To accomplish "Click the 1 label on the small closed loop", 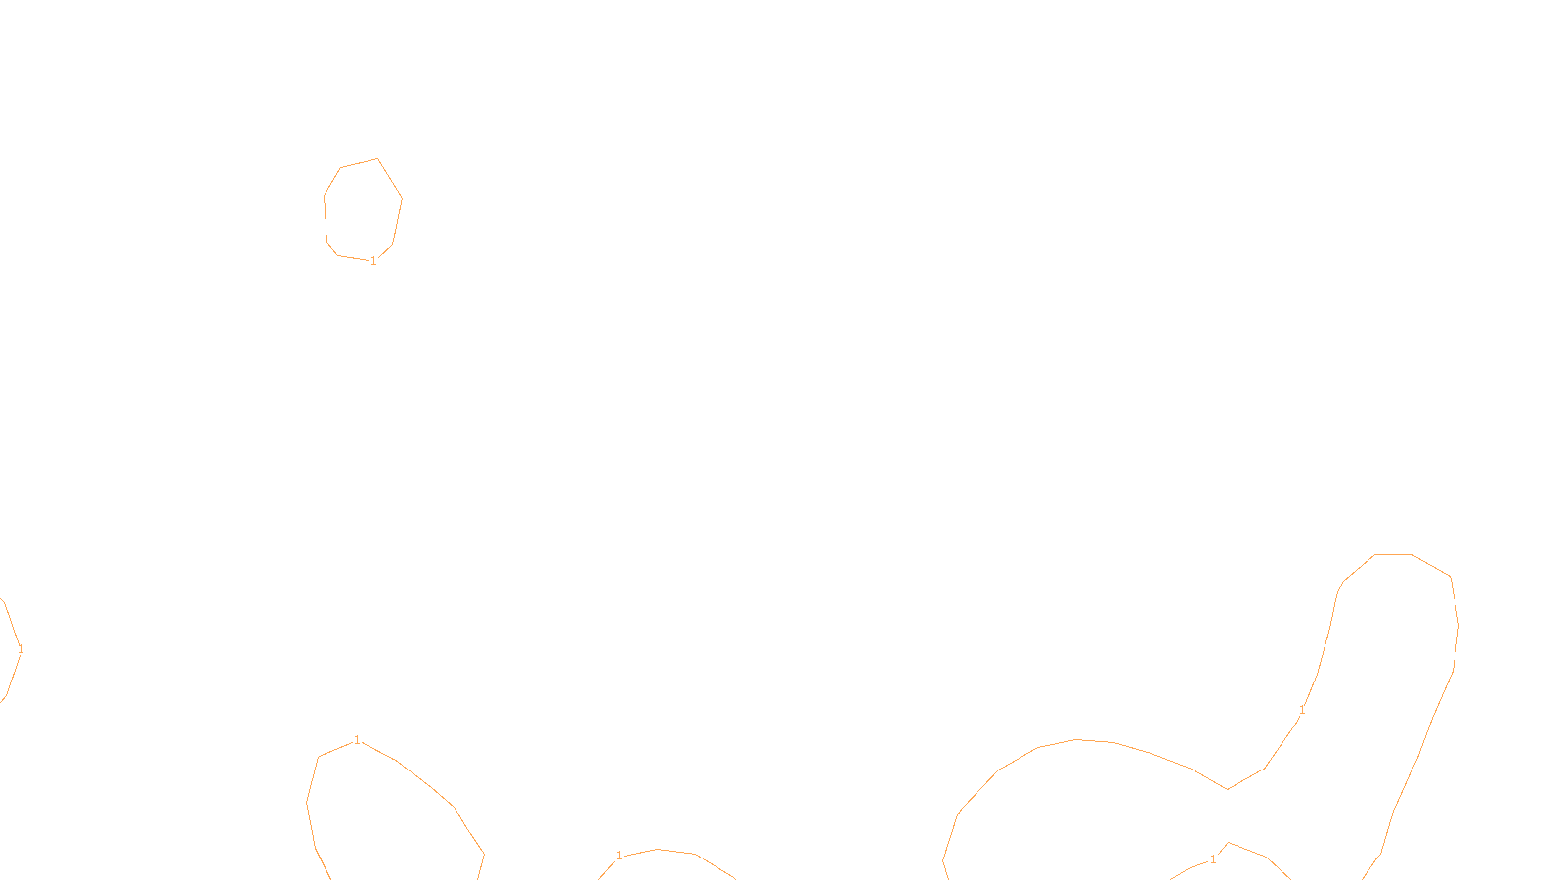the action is coord(373,261).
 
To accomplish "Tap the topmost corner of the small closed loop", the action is coord(377,159).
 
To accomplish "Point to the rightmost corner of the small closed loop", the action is coord(402,199).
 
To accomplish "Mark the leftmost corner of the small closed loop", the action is coord(325,196).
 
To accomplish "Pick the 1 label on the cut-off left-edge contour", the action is coord(21,649).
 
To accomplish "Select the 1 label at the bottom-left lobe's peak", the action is coord(357,740).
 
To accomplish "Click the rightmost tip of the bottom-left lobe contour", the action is coord(484,854).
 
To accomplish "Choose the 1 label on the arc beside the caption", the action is coord(619,856).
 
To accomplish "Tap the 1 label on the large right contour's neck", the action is coord(1302,710).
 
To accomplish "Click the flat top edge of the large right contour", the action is coord(1393,554).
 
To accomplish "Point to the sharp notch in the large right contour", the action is coord(1227,789).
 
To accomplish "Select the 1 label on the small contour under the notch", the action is coord(1213,859).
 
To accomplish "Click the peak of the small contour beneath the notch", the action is coord(1229,843).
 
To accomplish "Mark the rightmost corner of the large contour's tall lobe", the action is coord(1458,626).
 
